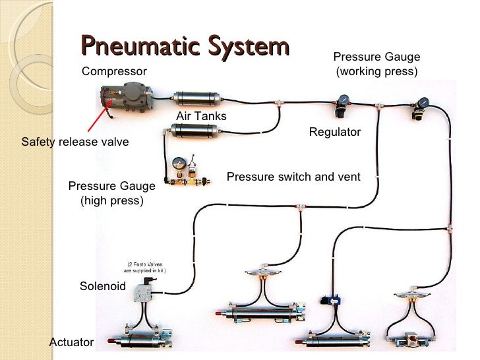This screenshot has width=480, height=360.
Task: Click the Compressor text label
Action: pos(114,71)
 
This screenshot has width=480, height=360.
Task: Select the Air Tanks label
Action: pos(201,116)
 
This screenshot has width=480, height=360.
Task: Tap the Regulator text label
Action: pos(335,132)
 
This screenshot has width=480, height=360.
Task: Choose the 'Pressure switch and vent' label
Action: pos(293,177)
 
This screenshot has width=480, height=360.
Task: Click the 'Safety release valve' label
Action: pos(75,142)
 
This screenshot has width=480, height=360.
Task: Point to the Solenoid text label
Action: pos(102,286)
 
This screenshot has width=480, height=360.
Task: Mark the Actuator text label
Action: pos(72,342)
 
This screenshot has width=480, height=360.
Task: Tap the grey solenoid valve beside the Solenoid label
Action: pos(144,289)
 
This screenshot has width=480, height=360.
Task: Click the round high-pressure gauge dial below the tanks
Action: pos(179,164)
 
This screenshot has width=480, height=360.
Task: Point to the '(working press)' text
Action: pos(376,71)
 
